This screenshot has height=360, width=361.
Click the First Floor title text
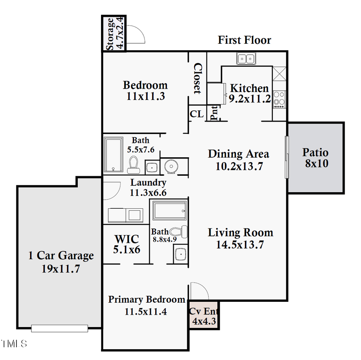click(244, 40)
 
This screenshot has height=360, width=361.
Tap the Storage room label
click(114, 34)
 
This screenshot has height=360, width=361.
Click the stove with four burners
click(279, 99)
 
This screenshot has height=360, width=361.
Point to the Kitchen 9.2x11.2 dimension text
click(249, 99)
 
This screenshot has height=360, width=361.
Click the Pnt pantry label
click(214, 113)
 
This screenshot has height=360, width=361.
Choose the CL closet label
click(197, 114)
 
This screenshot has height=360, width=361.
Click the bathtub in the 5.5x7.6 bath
click(114, 155)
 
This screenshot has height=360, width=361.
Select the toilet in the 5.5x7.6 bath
click(133, 164)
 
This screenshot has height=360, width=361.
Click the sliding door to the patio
click(287, 157)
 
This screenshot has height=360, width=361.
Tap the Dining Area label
click(238, 154)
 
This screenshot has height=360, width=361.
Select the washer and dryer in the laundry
click(125, 215)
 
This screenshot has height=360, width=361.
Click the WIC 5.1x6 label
click(126, 244)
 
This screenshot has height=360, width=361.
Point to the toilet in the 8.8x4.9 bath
click(179, 232)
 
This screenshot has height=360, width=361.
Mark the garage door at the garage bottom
click(59, 328)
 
